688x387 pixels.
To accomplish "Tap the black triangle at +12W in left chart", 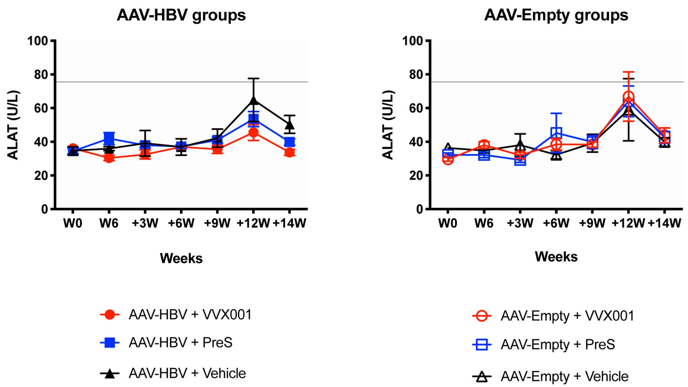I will point(253,100).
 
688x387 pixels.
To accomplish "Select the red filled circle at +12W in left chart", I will point(253,132).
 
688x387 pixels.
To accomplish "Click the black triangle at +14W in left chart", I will point(289,125).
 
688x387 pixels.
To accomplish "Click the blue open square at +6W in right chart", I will point(556,132).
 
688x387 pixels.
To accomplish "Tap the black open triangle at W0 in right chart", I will point(448,147).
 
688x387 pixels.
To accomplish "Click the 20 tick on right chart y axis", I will point(416,176).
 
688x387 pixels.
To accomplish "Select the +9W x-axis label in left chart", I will point(217,223).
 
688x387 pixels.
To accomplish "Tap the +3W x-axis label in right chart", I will point(520,223).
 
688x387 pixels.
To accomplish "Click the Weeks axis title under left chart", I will point(181,258).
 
